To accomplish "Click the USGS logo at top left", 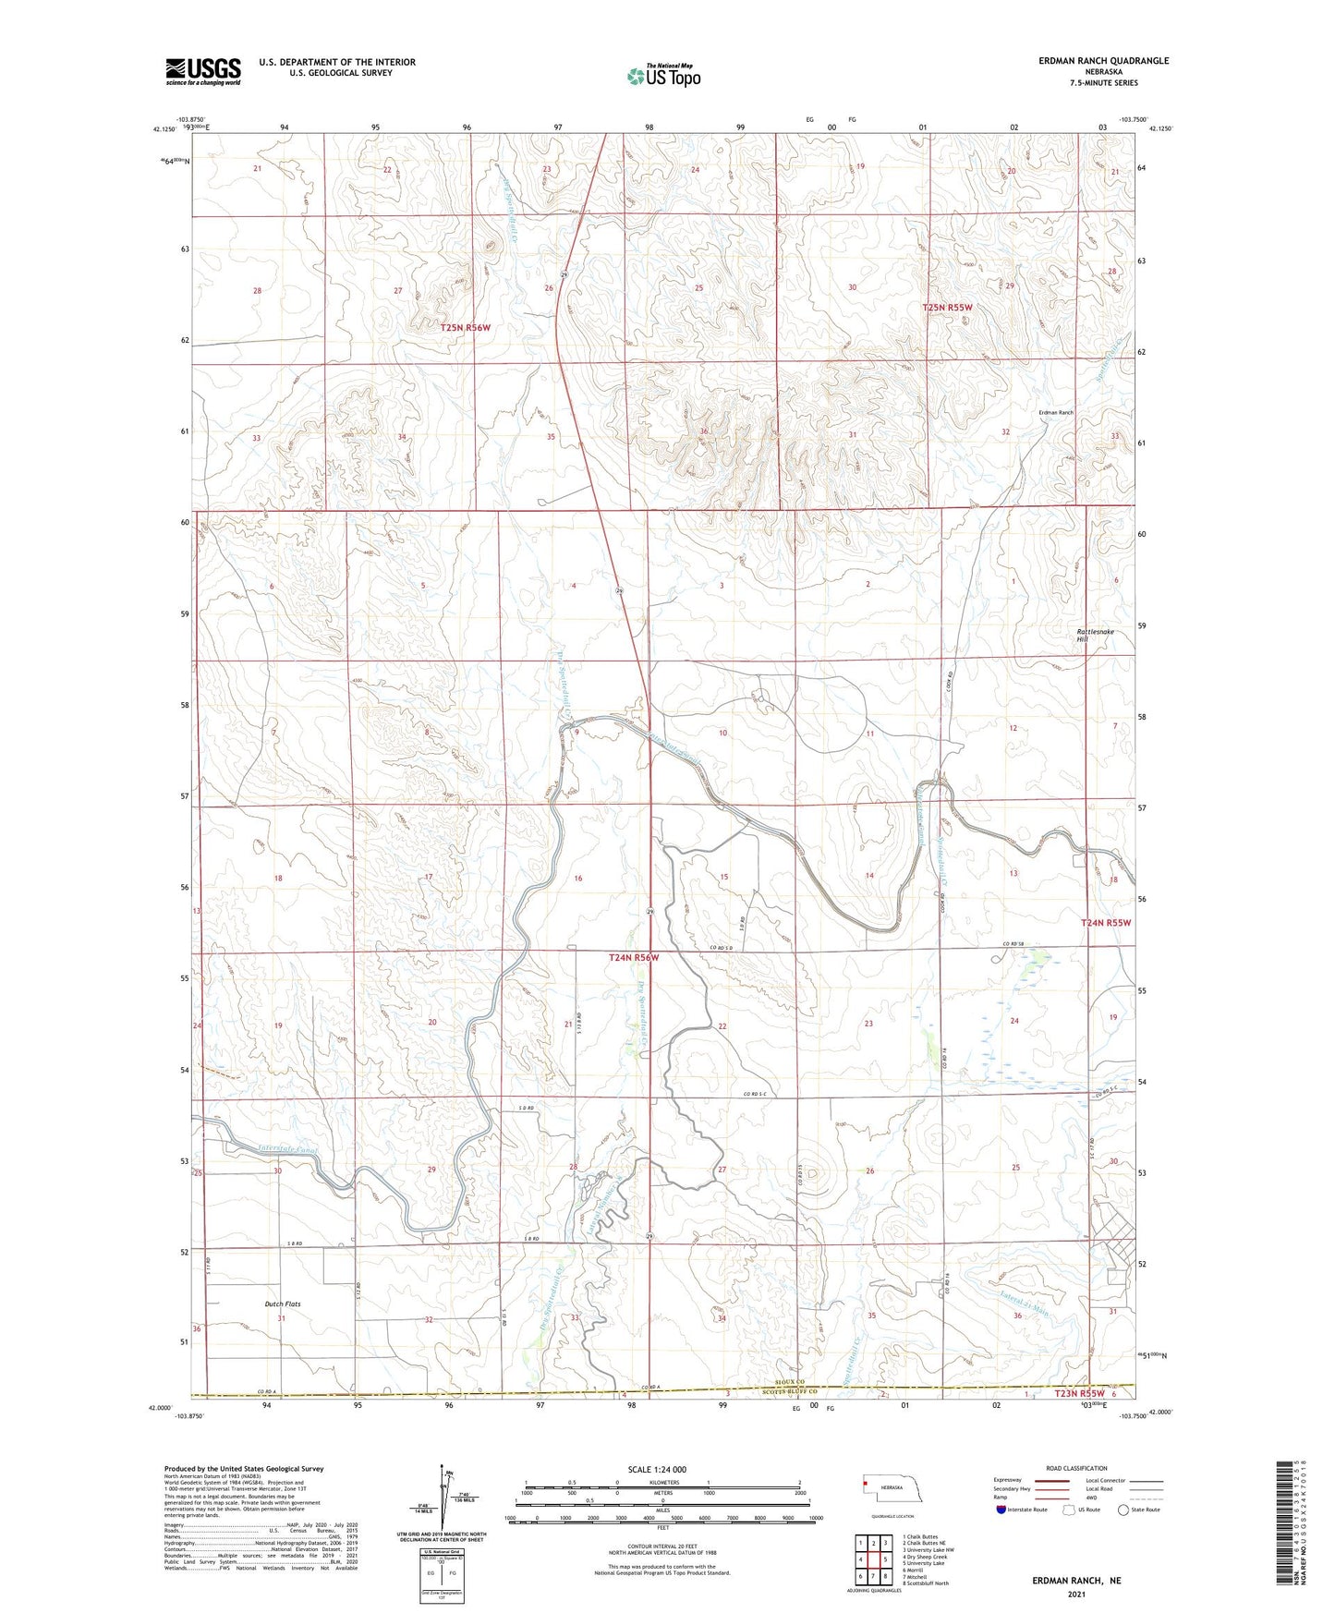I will point(202,71).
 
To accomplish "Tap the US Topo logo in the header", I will point(662,76).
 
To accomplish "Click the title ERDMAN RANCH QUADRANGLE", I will point(1103,61).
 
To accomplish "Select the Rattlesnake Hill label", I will point(1095,636).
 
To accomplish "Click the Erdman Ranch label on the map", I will point(1056,412).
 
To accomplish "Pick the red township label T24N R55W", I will point(1106,923).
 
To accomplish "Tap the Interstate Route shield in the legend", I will point(1001,1535).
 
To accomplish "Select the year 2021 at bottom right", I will point(1075,1594).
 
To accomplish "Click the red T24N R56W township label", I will point(634,958).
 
